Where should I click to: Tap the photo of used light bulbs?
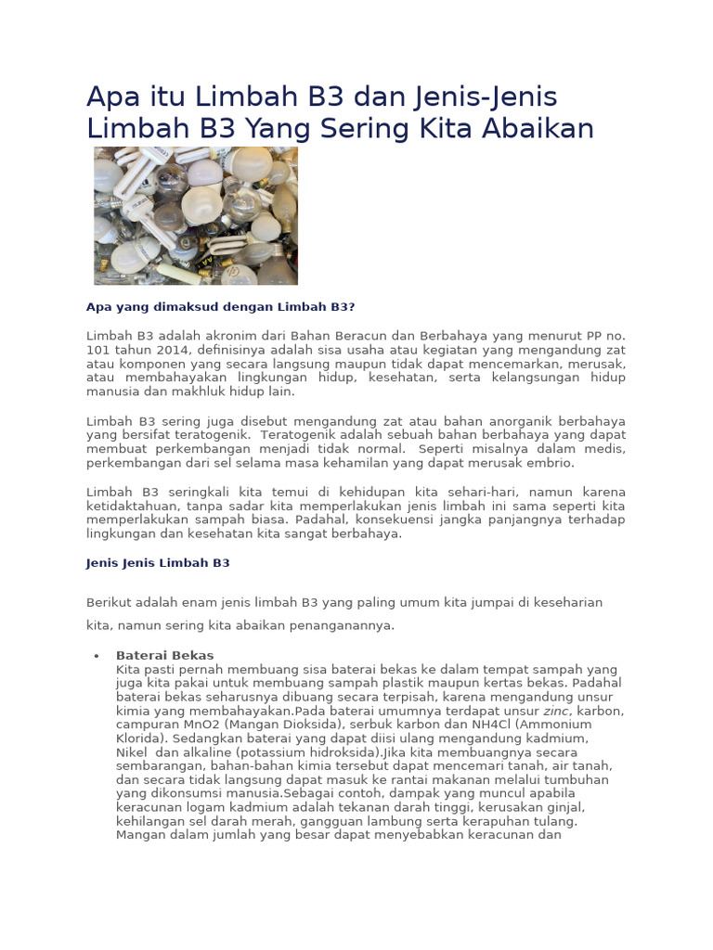pos(196,215)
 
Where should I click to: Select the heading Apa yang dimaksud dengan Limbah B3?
pos(221,307)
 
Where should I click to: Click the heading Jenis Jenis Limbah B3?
pos(158,563)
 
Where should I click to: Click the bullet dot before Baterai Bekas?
pos(97,656)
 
